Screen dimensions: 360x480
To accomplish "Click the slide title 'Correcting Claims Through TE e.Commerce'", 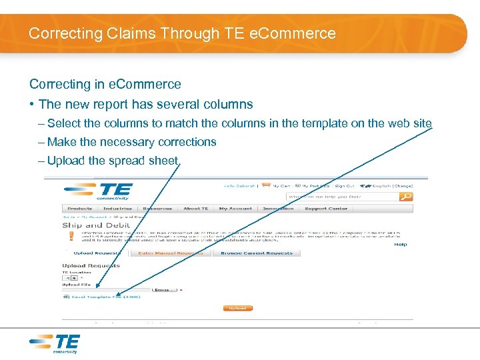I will pyautogui.click(x=182, y=33).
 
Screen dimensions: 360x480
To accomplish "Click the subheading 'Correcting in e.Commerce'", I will pyautogui.click(x=105, y=84).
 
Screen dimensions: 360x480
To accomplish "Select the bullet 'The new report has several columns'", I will pyautogui.click(x=146, y=104).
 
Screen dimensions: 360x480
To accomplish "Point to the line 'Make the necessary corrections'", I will pyautogui.click(x=131, y=142).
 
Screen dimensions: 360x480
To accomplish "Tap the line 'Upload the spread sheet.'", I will pyautogui.click(x=113, y=161).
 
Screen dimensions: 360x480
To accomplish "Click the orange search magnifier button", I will pyautogui.click(x=406, y=197).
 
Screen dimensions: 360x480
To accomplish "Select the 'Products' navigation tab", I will pyautogui.click(x=80, y=209).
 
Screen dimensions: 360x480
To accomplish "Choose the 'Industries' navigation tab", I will pyautogui.click(x=117, y=209).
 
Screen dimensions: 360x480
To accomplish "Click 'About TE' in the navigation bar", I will pyautogui.click(x=196, y=209).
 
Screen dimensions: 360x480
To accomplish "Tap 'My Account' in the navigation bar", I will pyautogui.click(x=235, y=209).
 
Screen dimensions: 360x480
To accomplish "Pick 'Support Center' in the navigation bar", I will pyautogui.click(x=326, y=209).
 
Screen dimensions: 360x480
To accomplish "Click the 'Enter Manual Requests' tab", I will pyautogui.click(x=171, y=253).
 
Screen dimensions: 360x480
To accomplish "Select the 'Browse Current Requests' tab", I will pyautogui.click(x=257, y=253).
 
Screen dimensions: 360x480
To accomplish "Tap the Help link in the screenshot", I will pyautogui.click(x=400, y=245).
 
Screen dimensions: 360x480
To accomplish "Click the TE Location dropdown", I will pyautogui.click(x=70, y=278).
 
